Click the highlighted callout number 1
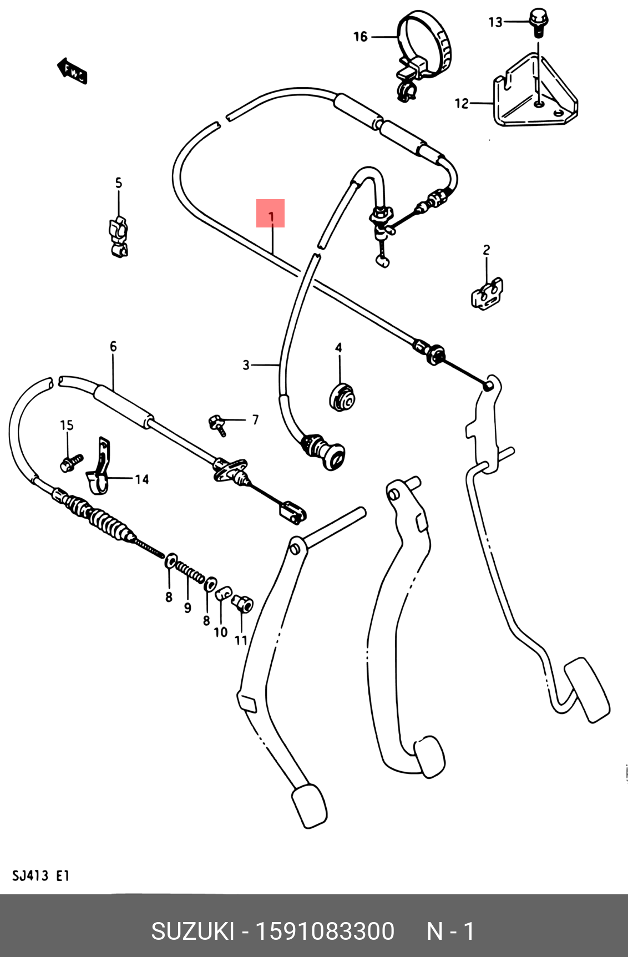tap(271, 216)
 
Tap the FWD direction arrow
tap(72, 70)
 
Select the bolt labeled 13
tap(537, 22)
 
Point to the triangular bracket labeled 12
tap(535, 92)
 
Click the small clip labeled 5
tap(118, 237)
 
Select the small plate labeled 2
tap(487, 293)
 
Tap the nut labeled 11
tap(242, 604)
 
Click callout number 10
tap(221, 632)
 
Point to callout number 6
tap(113, 347)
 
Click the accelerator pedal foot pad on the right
tap(587, 690)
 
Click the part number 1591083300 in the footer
tap(325, 931)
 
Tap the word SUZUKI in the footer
tap(193, 931)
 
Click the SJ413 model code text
tap(31, 876)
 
